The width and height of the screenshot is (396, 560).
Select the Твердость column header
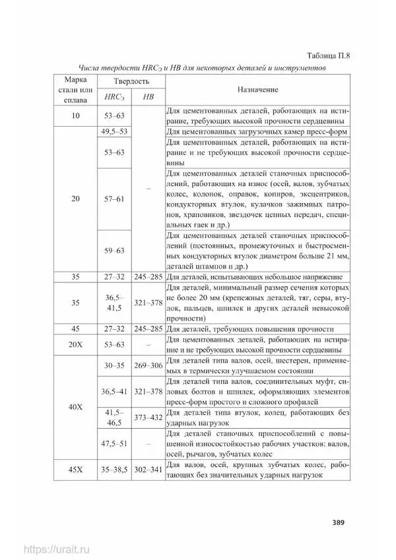130,81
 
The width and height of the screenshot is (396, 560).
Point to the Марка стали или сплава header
75,89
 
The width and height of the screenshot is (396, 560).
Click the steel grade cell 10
75,115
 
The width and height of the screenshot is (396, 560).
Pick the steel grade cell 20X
75,344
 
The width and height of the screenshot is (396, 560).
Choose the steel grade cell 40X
75,407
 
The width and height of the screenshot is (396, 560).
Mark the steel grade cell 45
75,328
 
